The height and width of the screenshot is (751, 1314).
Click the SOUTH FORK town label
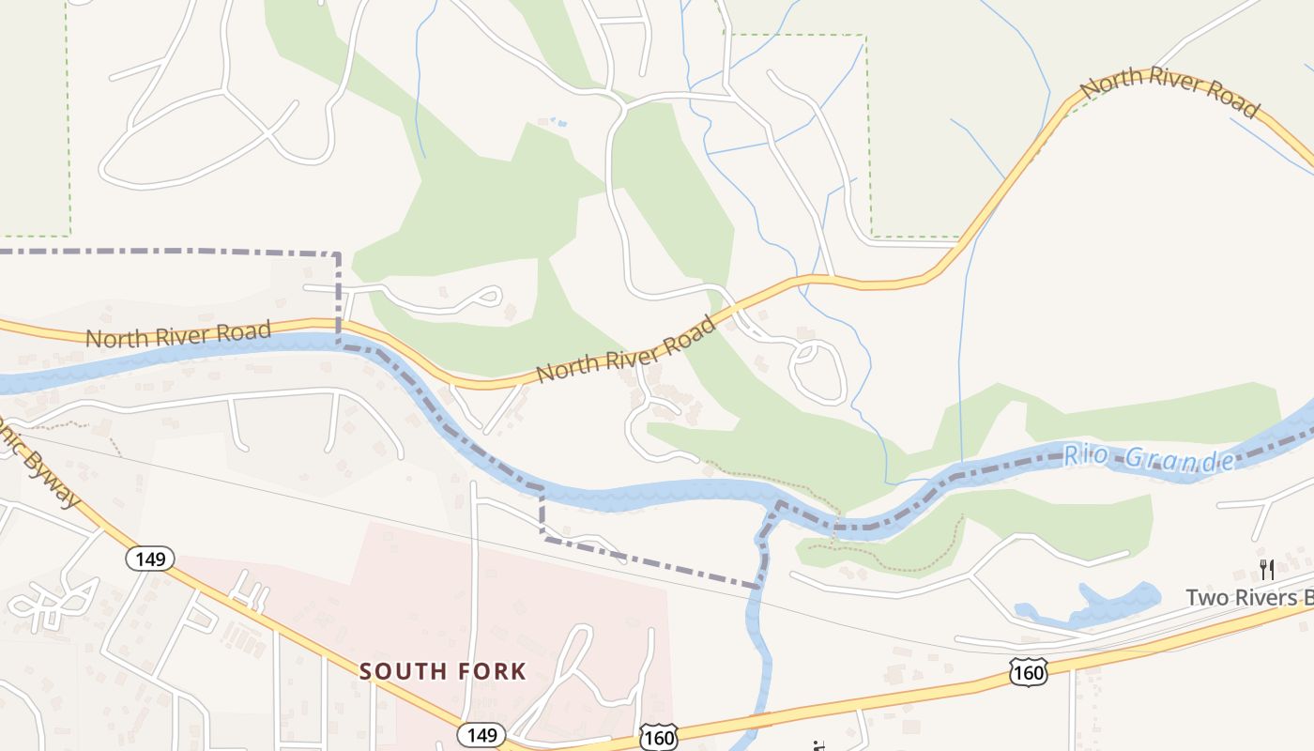tap(443, 671)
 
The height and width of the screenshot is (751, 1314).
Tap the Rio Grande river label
tap(1149, 458)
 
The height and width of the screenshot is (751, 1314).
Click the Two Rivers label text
tap(1247, 597)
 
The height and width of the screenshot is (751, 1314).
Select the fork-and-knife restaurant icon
tap(1266, 569)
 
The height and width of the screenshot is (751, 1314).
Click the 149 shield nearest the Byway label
tap(149, 559)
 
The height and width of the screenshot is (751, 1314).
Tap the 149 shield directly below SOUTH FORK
tap(481, 734)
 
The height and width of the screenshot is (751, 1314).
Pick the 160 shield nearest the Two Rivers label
tap(1029, 671)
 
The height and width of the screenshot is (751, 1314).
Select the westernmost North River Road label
tap(177, 333)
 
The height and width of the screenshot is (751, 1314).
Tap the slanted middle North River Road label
tap(625, 350)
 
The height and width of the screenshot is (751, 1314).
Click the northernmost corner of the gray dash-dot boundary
tap(338, 253)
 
